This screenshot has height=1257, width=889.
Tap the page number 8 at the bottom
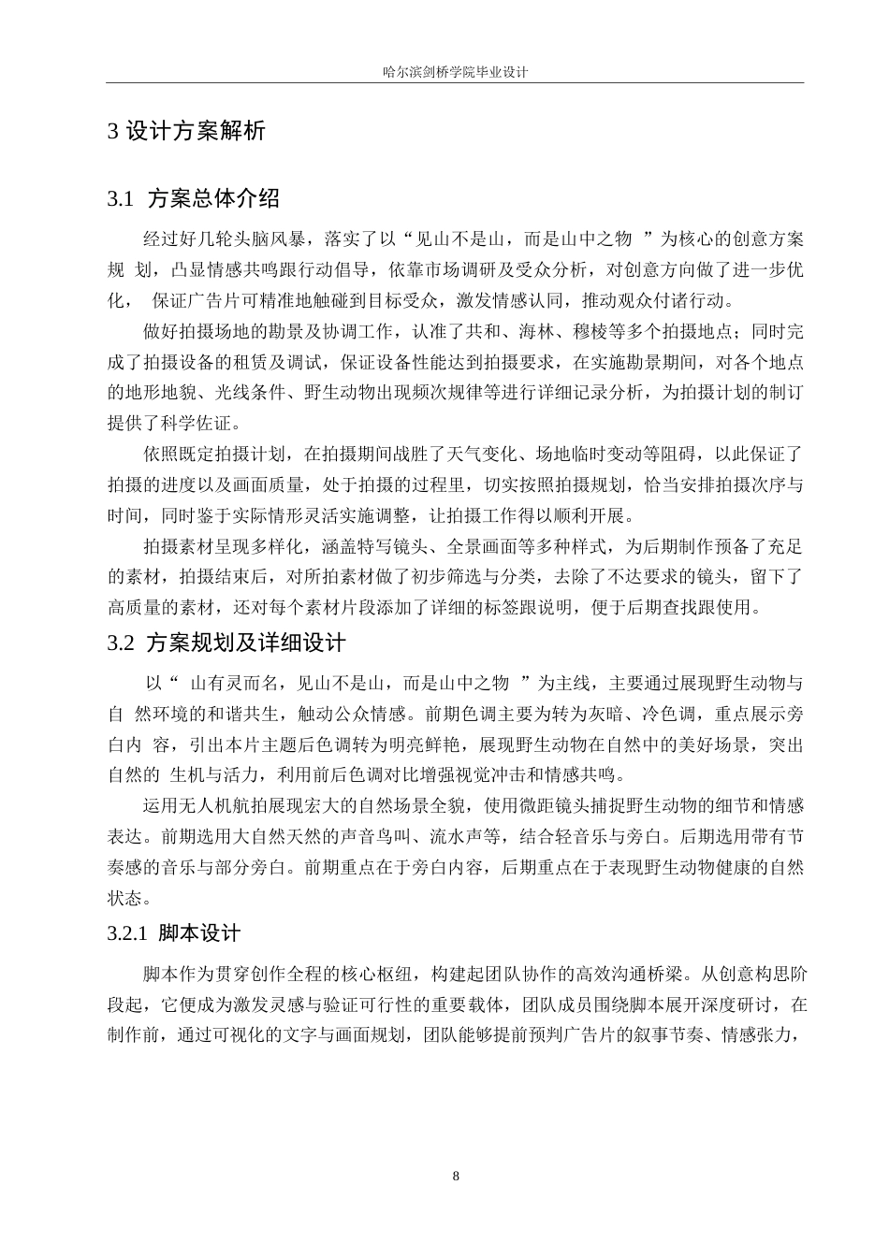pos(456,1176)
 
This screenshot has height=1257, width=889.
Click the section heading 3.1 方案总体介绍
pos(194,198)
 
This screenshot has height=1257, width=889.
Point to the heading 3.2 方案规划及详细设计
pos(226,643)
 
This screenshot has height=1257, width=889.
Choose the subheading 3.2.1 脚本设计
pos(174,932)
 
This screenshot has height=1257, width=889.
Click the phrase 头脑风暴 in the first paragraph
pos(271,238)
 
